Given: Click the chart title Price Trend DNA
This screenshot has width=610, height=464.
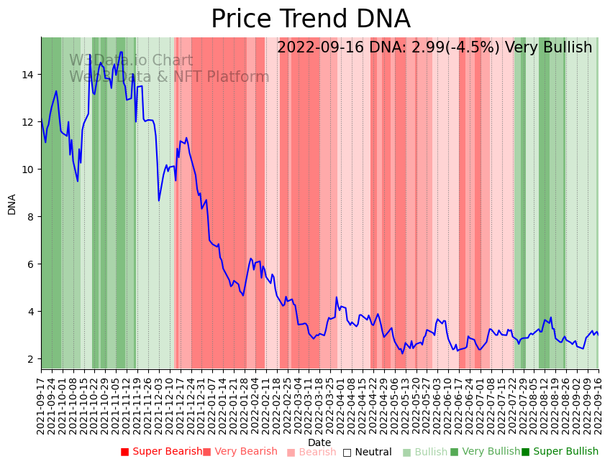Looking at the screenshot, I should [310, 19].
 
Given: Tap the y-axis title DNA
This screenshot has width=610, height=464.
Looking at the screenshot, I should [12, 204].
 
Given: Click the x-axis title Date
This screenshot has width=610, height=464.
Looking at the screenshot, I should [319, 443].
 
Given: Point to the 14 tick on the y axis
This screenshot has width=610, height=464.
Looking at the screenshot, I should [29, 75].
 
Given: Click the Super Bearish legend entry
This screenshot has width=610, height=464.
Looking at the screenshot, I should [161, 452].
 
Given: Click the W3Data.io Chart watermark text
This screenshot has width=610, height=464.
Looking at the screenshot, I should [131, 61].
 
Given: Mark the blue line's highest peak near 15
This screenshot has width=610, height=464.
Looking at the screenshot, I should [121, 52].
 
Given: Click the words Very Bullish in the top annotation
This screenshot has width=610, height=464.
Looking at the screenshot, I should [548, 48].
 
